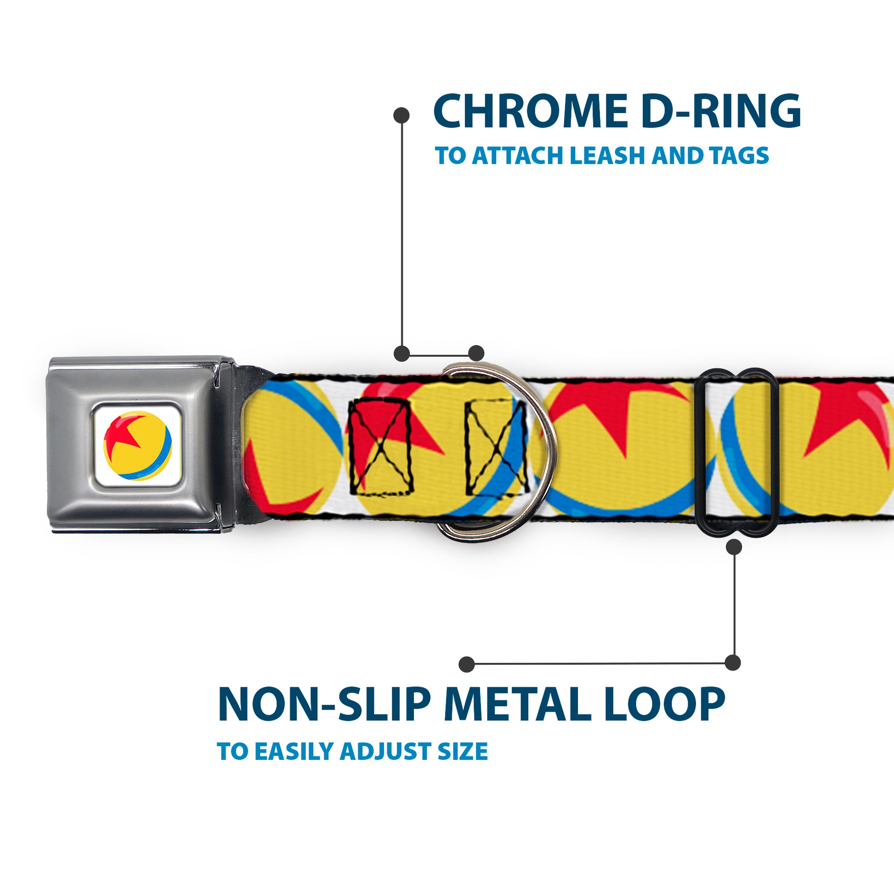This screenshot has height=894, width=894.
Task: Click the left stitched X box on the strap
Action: click(x=380, y=446)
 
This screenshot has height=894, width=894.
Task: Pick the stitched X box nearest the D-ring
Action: click(x=496, y=446)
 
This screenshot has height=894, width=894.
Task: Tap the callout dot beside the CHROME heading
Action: click(x=401, y=115)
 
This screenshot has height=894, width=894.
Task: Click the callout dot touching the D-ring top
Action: click(x=476, y=353)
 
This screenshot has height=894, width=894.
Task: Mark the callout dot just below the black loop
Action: click(x=734, y=547)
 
